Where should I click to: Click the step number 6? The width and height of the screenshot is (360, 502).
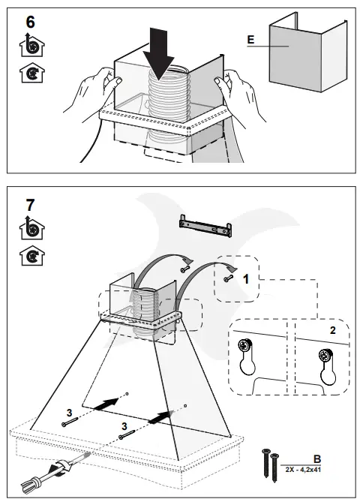[31, 22]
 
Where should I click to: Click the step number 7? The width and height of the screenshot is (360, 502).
[30, 205]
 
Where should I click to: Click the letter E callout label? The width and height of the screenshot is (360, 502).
[251, 40]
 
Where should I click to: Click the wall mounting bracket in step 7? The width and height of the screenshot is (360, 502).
[205, 226]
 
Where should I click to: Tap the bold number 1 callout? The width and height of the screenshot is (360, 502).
[245, 279]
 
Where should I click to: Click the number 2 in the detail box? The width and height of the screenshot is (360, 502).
[333, 330]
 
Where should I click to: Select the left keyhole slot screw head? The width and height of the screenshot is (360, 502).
[245, 346]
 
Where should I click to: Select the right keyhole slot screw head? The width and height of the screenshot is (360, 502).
[326, 356]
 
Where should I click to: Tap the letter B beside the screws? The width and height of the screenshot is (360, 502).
[316, 459]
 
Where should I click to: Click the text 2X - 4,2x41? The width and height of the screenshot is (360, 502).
[303, 470]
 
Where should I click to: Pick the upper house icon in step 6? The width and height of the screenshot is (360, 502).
[32, 45]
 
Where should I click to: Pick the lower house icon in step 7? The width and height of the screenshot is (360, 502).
[32, 255]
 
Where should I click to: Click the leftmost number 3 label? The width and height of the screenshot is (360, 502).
[70, 412]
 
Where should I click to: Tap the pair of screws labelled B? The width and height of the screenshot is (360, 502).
[271, 465]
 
